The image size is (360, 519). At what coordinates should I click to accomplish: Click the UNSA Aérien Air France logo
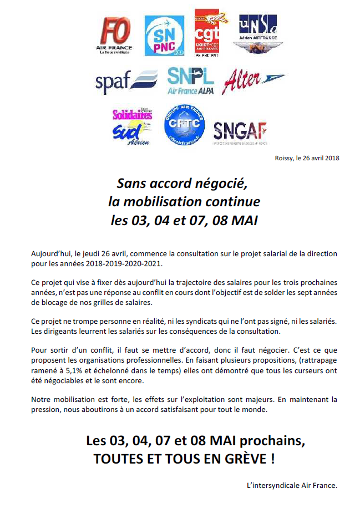pos(258,34)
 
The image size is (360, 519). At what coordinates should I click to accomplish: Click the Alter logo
pos(252,81)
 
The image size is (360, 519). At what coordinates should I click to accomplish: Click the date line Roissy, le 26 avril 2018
pos(307,158)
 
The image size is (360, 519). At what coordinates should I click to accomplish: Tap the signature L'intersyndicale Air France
pos(292,485)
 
